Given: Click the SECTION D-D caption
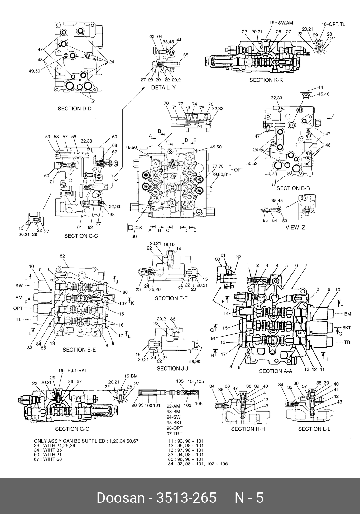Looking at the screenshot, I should point(74,109).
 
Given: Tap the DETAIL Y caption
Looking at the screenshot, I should point(163,88).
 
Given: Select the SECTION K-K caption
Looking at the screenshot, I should point(266,80).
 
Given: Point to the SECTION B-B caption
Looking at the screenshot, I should point(293,188).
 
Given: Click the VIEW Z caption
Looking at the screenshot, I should point(295,227).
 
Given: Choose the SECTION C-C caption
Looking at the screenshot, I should point(81,236).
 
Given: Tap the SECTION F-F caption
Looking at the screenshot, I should point(171,298).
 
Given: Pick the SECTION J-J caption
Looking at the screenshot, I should point(172,369).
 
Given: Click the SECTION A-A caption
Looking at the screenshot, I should point(276,371).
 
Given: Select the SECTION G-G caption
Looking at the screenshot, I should point(72,429).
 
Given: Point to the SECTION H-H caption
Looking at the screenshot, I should point(248,429).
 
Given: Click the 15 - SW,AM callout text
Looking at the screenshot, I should point(281,22).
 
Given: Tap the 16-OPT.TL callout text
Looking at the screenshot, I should point(333,24).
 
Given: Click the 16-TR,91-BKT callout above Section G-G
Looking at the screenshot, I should point(73,371).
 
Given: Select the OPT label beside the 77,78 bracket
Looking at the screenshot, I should point(239,170).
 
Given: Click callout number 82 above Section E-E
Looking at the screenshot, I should point(62,256).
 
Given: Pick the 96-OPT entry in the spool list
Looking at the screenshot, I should point(175,428).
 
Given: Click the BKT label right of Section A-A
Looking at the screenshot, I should point(347,328).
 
